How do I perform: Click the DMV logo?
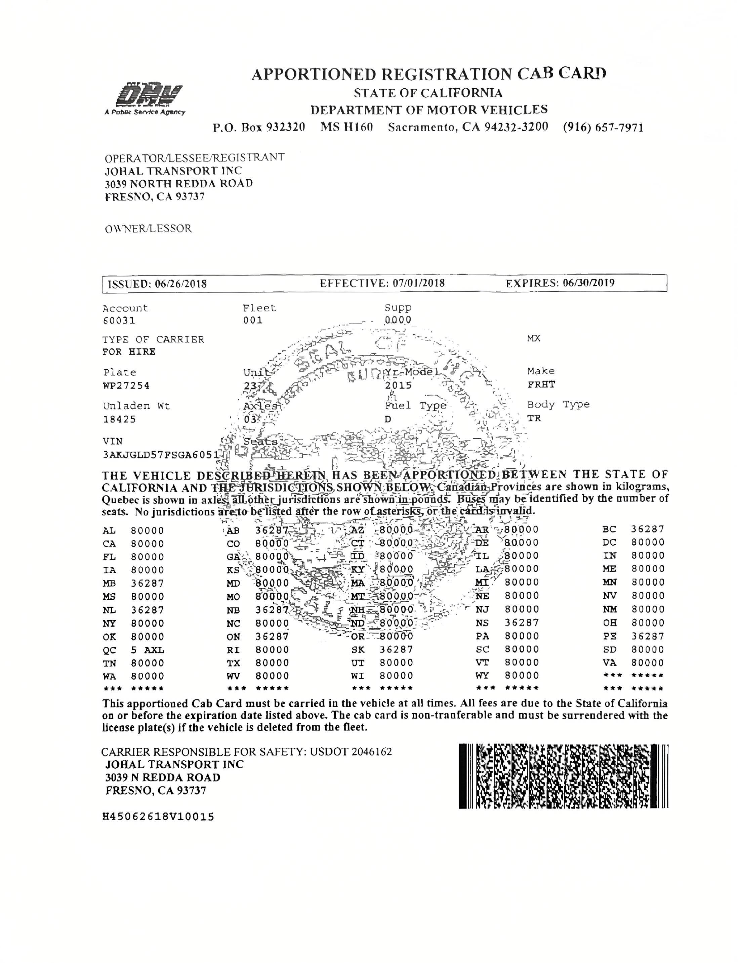click(x=149, y=97)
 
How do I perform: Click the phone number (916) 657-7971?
click(x=603, y=128)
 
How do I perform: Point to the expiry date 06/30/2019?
click(x=589, y=283)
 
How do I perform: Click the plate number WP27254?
click(x=126, y=386)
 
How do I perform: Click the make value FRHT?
click(x=541, y=384)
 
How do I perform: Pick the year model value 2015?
click(x=399, y=385)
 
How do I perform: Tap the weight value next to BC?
click(x=648, y=529)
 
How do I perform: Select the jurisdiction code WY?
click(x=482, y=676)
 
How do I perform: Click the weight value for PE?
click(x=648, y=636)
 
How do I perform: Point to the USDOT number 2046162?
click(x=371, y=751)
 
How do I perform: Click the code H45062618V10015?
click(x=158, y=817)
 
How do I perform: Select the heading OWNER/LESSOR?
click(x=148, y=229)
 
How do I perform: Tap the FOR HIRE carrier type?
click(x=129, y=352)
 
